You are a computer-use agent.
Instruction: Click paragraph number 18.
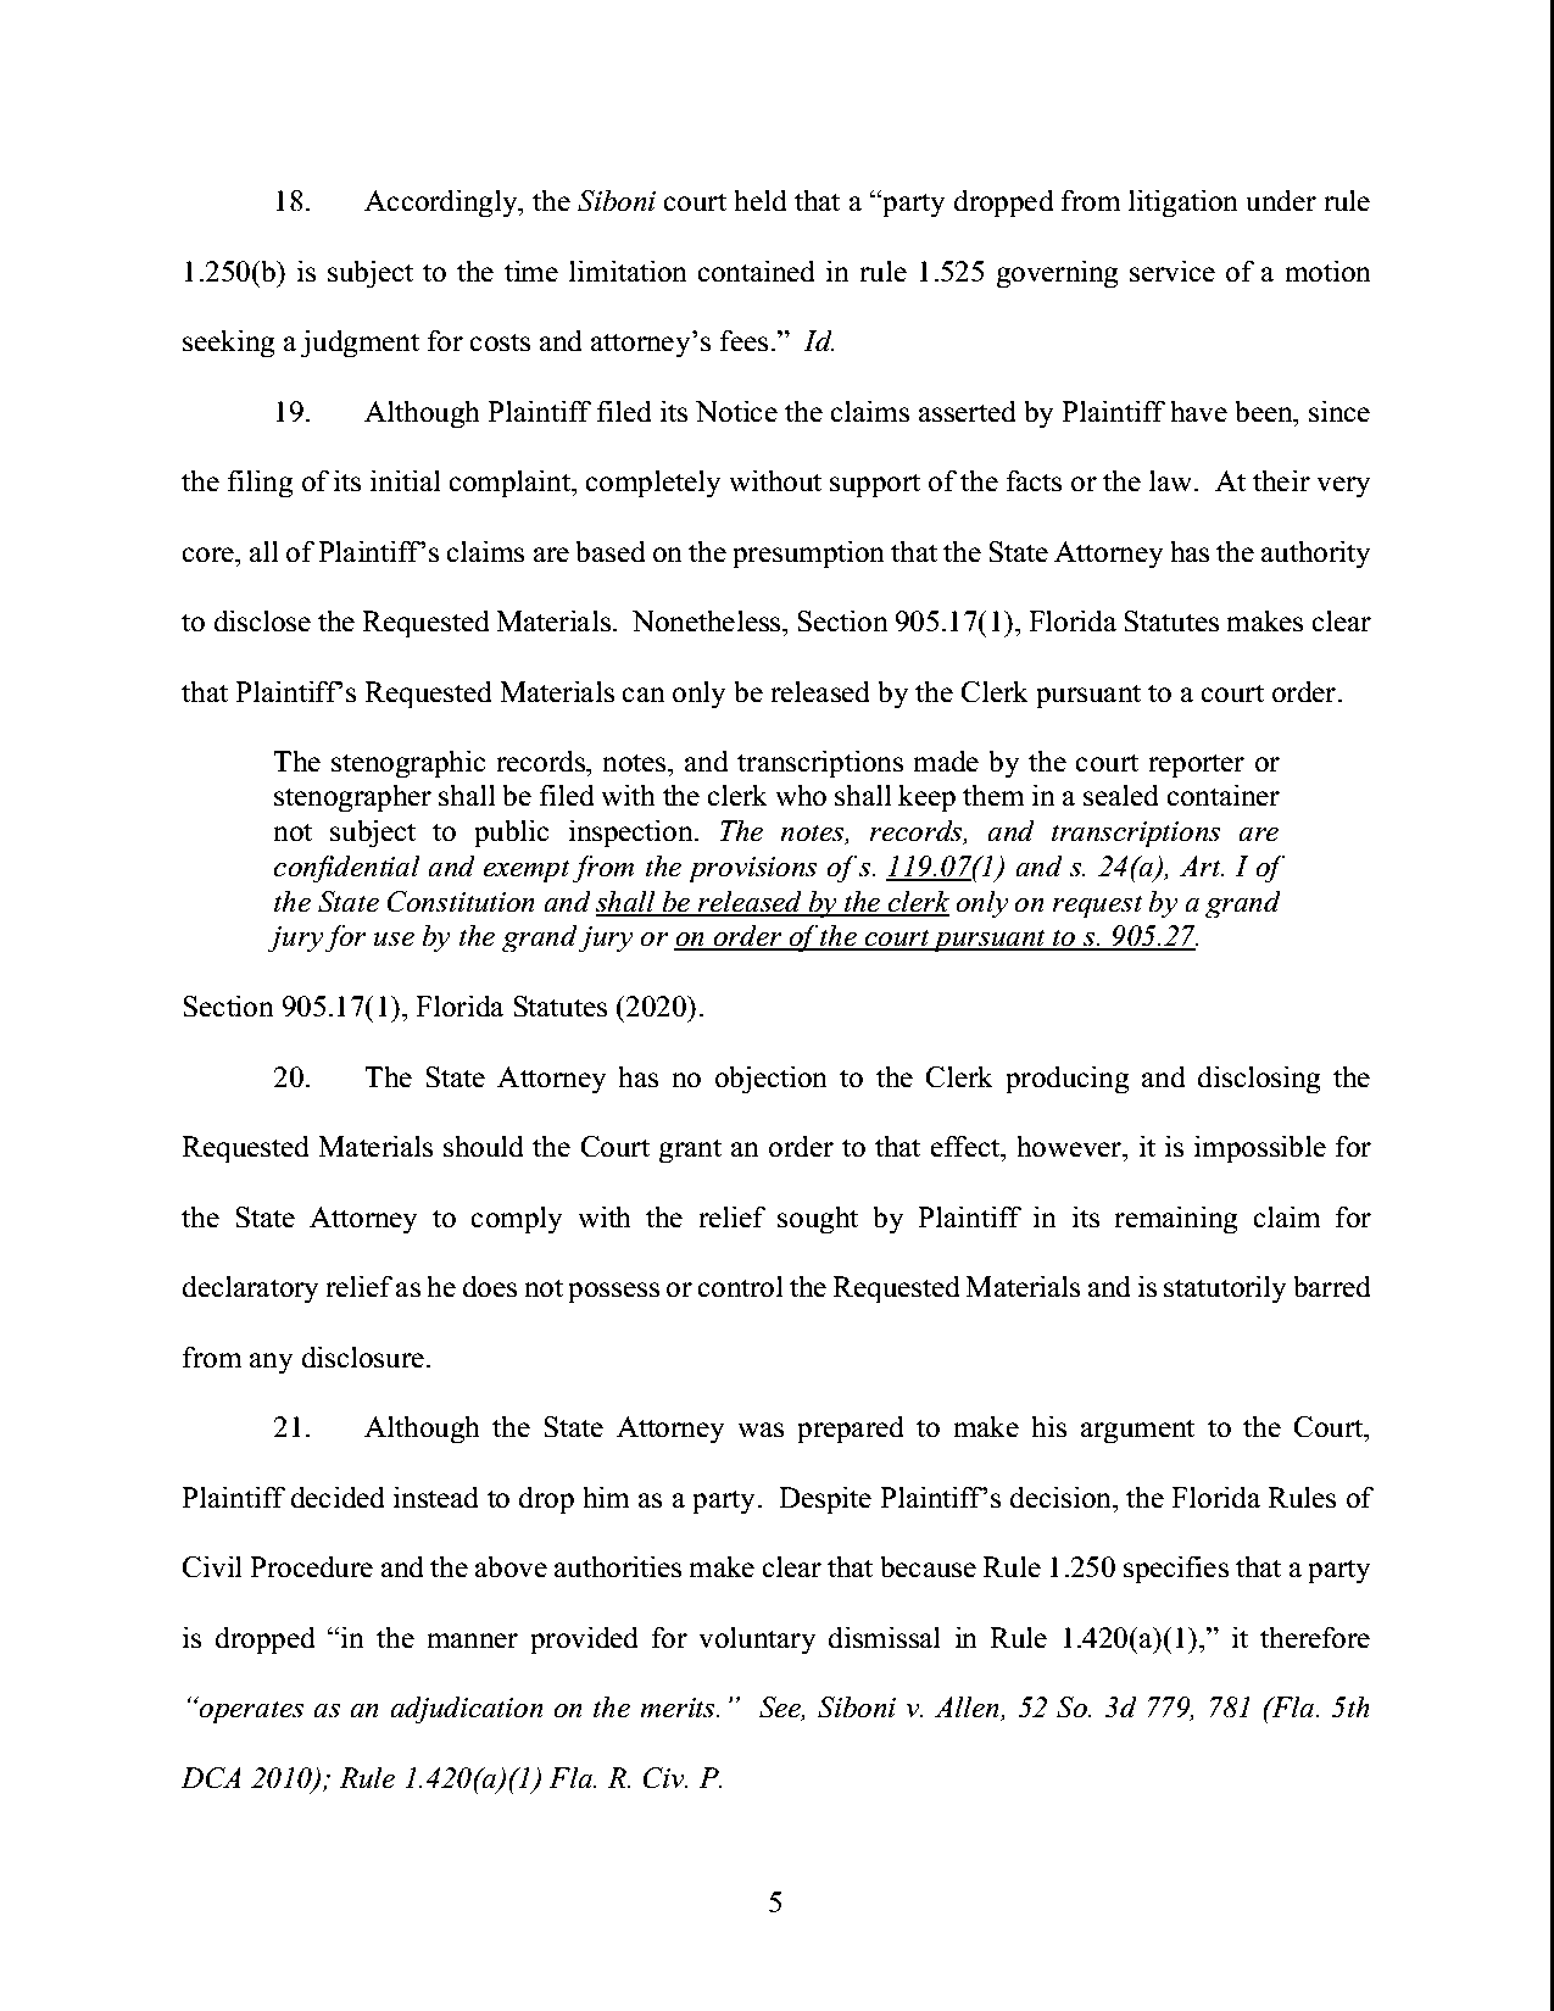(293, 202)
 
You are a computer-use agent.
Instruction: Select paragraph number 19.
(293, 413)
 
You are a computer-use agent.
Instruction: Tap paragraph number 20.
(293, 1077)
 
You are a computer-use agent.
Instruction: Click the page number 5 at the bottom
(775, 1903)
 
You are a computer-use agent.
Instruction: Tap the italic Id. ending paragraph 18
(818, 342)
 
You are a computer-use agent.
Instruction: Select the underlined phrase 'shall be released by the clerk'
(772, 903)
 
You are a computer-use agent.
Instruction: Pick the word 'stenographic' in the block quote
(409, 762)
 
